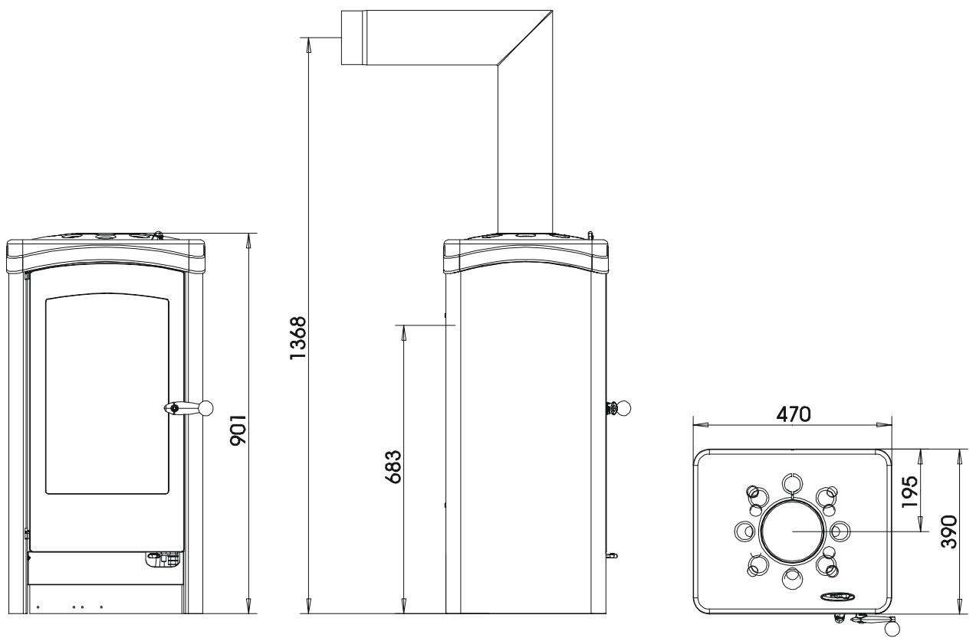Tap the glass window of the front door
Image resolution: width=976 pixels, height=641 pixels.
coord(107,394)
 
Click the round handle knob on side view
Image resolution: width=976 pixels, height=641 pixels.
coord(625,408)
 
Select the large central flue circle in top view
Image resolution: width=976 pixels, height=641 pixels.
coord(794,530)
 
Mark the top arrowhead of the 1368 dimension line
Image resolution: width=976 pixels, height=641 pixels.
coord(308,43)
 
